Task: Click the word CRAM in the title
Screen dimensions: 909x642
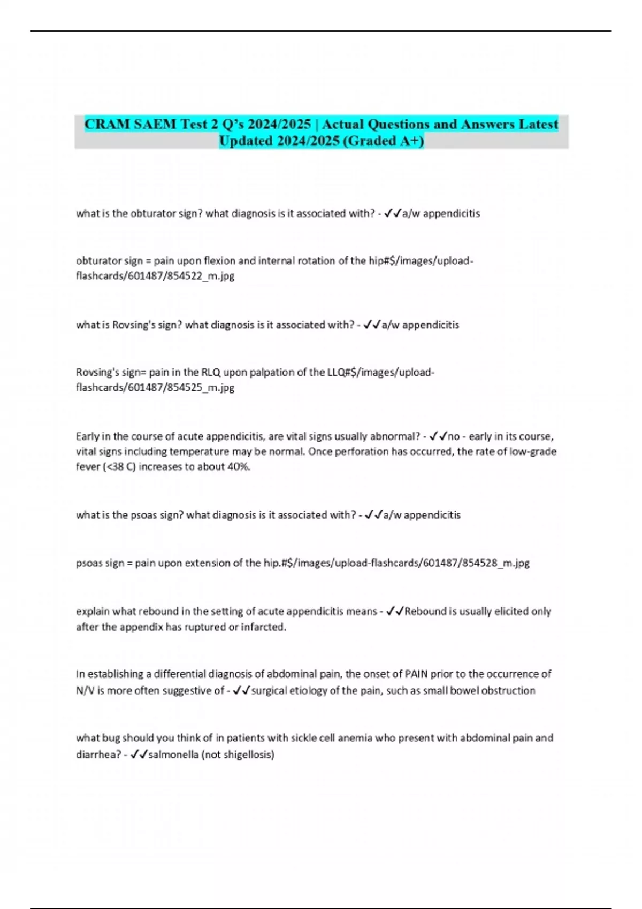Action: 105,124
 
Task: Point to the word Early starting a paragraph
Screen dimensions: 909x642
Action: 87,436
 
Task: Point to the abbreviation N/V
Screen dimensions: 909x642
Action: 84,690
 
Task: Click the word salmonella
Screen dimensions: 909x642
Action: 173,754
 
